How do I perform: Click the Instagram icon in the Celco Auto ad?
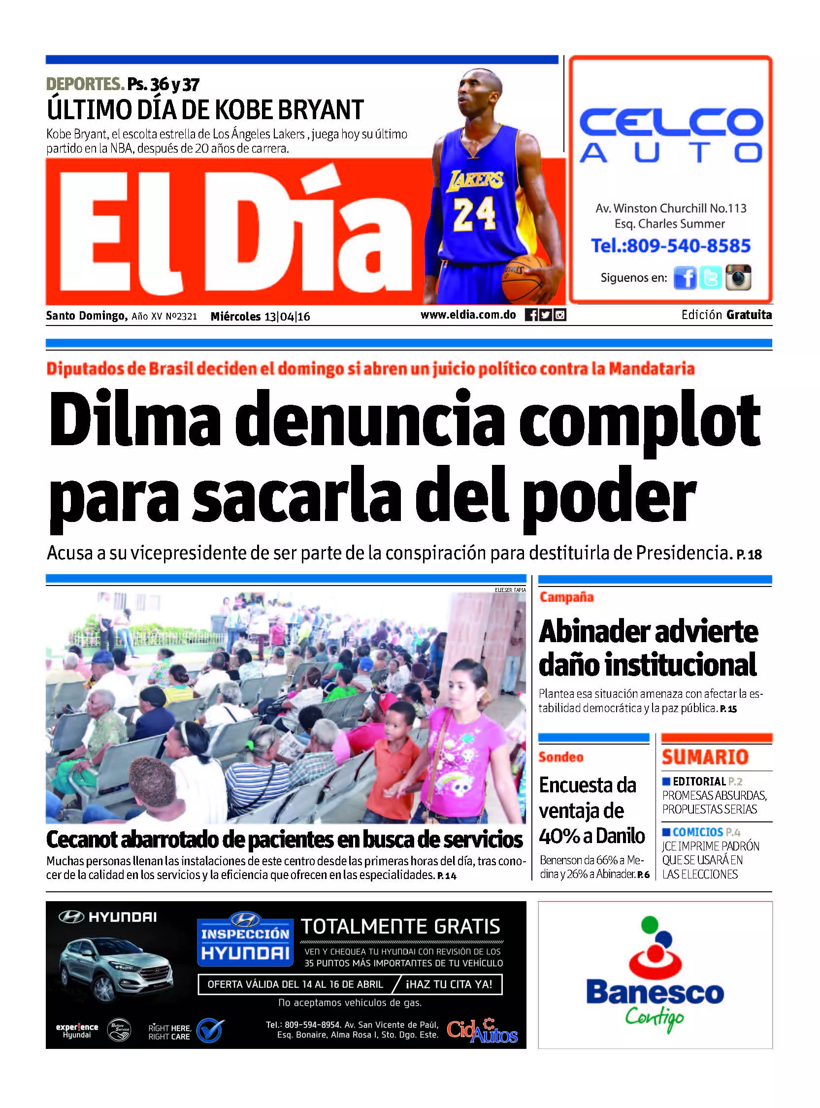pos(738,277)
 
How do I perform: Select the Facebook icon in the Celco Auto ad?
pos(685,277)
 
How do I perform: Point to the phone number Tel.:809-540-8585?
pos(671,246)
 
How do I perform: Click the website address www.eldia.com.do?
pos(468,315)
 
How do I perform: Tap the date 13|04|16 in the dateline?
pos(287,316)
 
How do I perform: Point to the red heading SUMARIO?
pos(705,757)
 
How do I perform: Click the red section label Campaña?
pos(566,597)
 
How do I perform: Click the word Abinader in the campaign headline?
pos(594,632)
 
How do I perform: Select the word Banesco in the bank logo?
pos(655,992)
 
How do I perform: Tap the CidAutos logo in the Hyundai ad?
pos(482,1032)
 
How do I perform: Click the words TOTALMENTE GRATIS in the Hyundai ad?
pos(400,926)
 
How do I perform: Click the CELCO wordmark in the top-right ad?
pos(671,122)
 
